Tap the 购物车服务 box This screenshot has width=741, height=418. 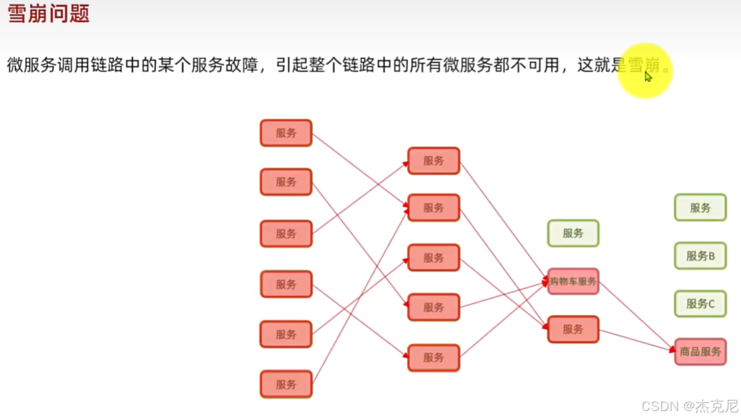coord(573,282)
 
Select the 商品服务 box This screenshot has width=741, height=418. coord(700,352)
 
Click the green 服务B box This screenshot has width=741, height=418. coord(700,256)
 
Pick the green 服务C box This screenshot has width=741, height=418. coord(700,304)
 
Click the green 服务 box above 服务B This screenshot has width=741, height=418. coord(700,207)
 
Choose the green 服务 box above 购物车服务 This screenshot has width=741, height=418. coord(573,234)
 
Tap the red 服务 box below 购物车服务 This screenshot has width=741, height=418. coord(573,329)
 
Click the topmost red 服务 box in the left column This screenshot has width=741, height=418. coord(286,133)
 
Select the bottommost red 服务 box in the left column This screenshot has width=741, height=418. coord(286,384)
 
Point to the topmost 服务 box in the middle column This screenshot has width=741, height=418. coord(433,161)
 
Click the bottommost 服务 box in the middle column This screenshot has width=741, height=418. coord(433,357)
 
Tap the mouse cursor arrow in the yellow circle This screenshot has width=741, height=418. coord(648,76)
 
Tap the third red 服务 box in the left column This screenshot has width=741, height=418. coord(286,234)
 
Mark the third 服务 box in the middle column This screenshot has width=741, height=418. coord(433,257)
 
